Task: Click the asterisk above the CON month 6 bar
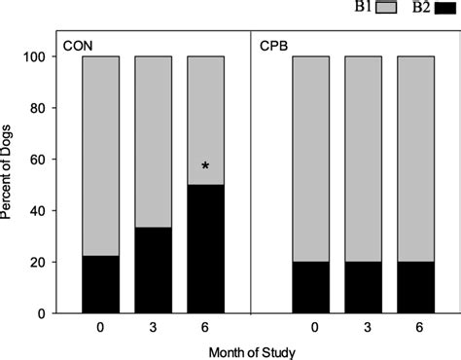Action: pos(205,167)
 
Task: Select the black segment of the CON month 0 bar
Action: pos(100,285)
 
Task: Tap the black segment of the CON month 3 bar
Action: pos(153,271)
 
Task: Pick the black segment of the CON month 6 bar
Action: pos(205,249)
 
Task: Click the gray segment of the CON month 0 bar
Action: pos(100,156)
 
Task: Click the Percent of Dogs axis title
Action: pos(12,185)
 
